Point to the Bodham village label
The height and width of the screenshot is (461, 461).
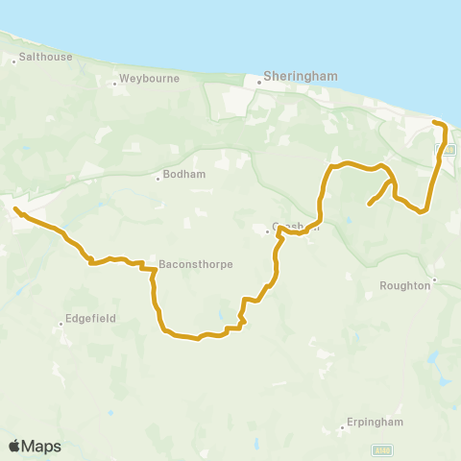(181, 177)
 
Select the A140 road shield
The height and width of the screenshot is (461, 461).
(381, 450)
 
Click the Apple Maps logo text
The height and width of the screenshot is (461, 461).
(35, 446)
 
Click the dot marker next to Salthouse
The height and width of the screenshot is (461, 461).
(14, 59)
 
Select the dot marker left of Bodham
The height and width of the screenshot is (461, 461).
(158, 178)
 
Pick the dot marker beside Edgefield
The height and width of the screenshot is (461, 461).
(65, 314)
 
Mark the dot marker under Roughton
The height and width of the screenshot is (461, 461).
(434, 280)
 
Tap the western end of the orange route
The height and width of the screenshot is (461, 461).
(14, 208)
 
